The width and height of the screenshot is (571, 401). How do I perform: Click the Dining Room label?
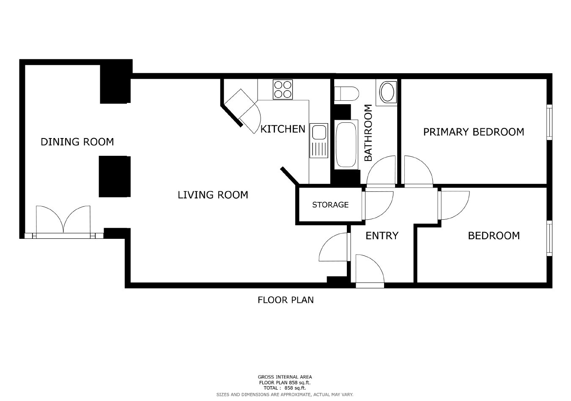pyautogui.click(x=77, y=142)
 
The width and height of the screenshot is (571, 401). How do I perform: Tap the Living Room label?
pyautogui.click(x=213, y=195)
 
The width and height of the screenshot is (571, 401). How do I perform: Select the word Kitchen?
pyautogui.click(x=283, y=129)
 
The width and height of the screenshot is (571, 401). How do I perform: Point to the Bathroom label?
pyautogui.click(x=368, y=133)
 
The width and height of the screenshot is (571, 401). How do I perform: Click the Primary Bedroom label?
pyautogui.click(x=474, y=132)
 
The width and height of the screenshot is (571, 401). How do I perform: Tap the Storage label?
pyautogui.click(x=330, y=205)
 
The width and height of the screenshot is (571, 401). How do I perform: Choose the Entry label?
pyautogui.click(x=382, y=235)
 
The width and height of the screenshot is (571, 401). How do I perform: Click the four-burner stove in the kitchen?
pyautogui.click(x=283, y=90)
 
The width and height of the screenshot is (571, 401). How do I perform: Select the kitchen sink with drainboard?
pyautogui.click(x=318, y=141)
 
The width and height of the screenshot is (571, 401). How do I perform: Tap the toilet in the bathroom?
pyautogui.click(x=346, y=94)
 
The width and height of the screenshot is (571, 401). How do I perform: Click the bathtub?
pyautogui.click(x=346, y=144)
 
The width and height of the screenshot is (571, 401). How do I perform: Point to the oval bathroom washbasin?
pyautogui.click(x=387, y=92)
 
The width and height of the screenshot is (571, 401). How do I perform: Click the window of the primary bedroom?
pyautogui.click(x=549, y=122)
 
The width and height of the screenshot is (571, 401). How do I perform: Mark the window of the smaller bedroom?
pyautogui.click(x=549, y=238)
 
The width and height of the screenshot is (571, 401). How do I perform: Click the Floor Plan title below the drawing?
pyautogui.click(x=285, y=300)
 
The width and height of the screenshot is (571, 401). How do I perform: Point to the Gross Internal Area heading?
pyautogui.click(x=285, y=377)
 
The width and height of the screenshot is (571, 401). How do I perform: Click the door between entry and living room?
pyautogui.click(x=335, y=247)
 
